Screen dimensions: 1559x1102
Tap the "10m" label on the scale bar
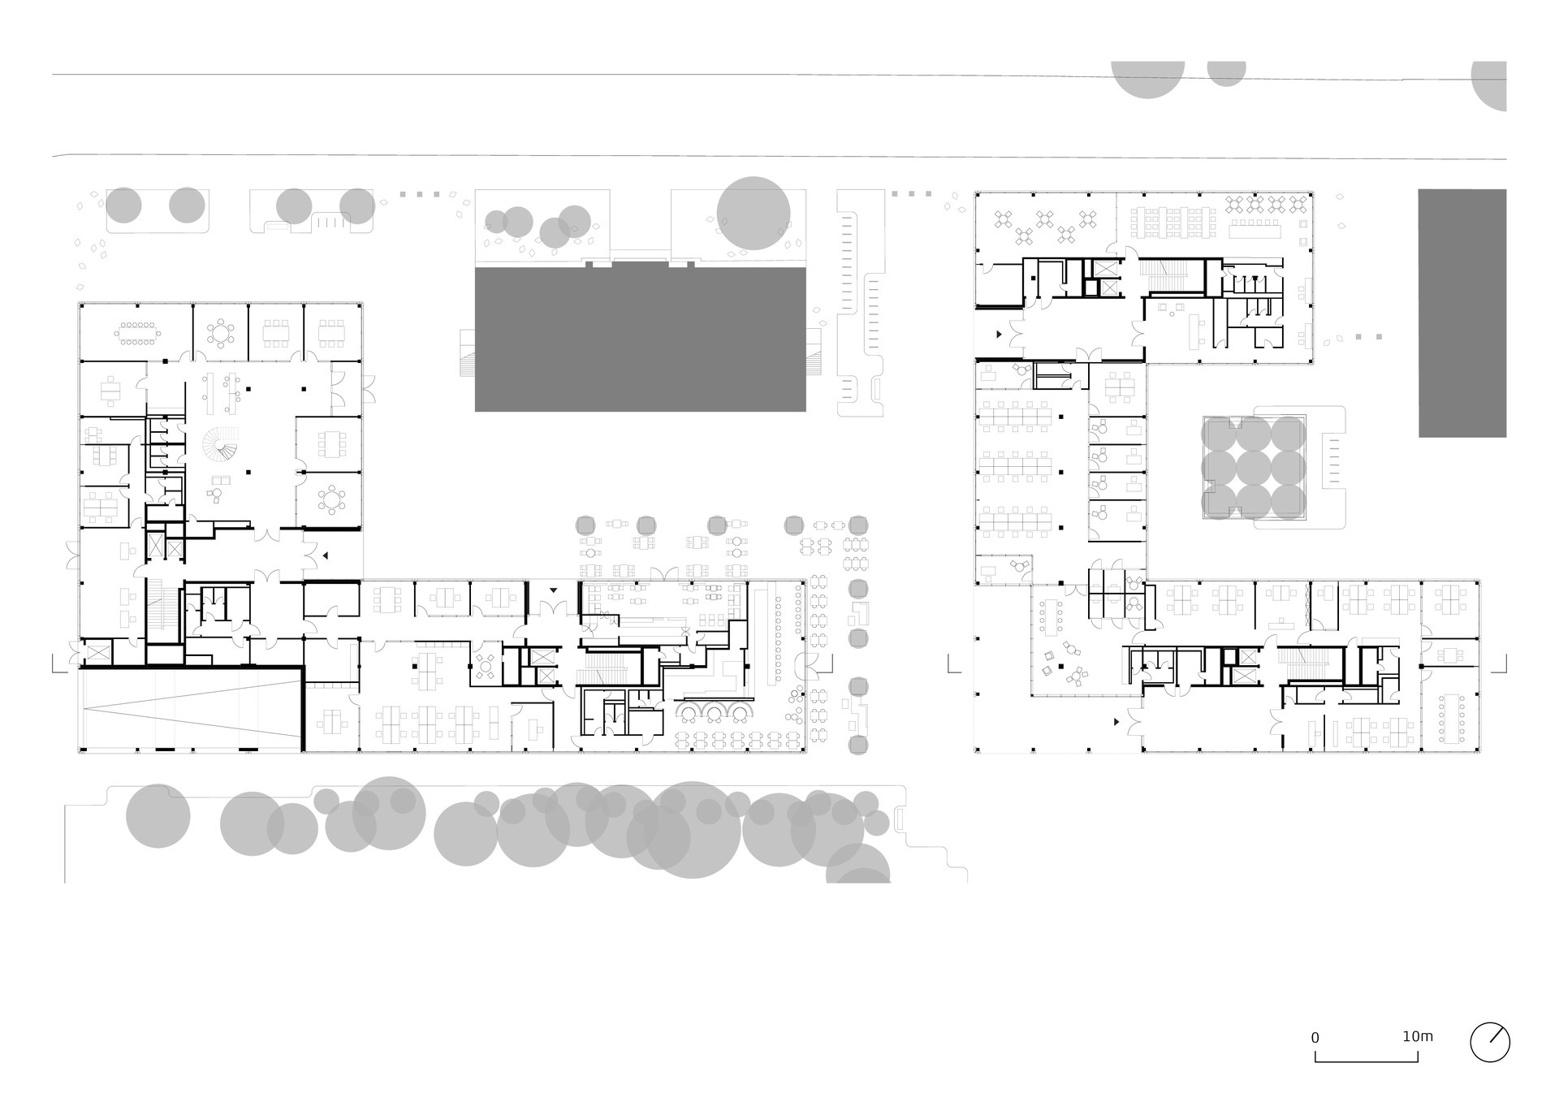coord(1417,1036)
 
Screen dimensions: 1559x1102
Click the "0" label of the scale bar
coord(1315,1038)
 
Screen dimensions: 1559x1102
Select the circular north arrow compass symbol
coord(1490,1042)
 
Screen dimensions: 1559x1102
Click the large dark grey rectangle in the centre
coord(640,339)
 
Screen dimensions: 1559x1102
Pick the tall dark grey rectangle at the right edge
coord(1462,313)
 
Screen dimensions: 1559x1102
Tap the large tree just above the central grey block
coord(754,214)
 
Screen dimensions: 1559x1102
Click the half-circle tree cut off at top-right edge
coord(1489,86)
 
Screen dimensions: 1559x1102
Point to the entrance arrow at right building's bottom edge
coord(1116,721)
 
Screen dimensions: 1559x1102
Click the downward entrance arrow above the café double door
coord(554,590)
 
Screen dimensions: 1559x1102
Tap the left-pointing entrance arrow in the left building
coord(325,555)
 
